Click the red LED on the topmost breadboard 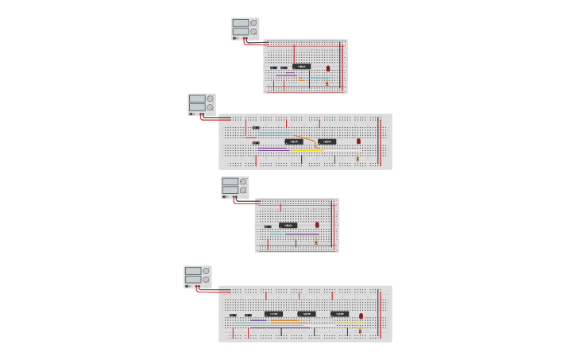328,68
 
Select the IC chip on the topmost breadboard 301,66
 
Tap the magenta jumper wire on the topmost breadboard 287,75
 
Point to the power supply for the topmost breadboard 245,29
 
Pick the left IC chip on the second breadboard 293,141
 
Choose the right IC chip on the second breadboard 327,141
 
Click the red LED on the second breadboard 358,141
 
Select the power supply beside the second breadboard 201,104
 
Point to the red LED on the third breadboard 317,225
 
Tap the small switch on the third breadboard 268,226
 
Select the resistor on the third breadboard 315,240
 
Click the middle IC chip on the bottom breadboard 307,314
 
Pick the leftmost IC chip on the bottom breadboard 273,314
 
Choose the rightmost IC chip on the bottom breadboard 339,314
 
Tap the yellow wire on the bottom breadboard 350,323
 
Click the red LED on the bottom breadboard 361,315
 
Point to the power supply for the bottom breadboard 197,276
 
